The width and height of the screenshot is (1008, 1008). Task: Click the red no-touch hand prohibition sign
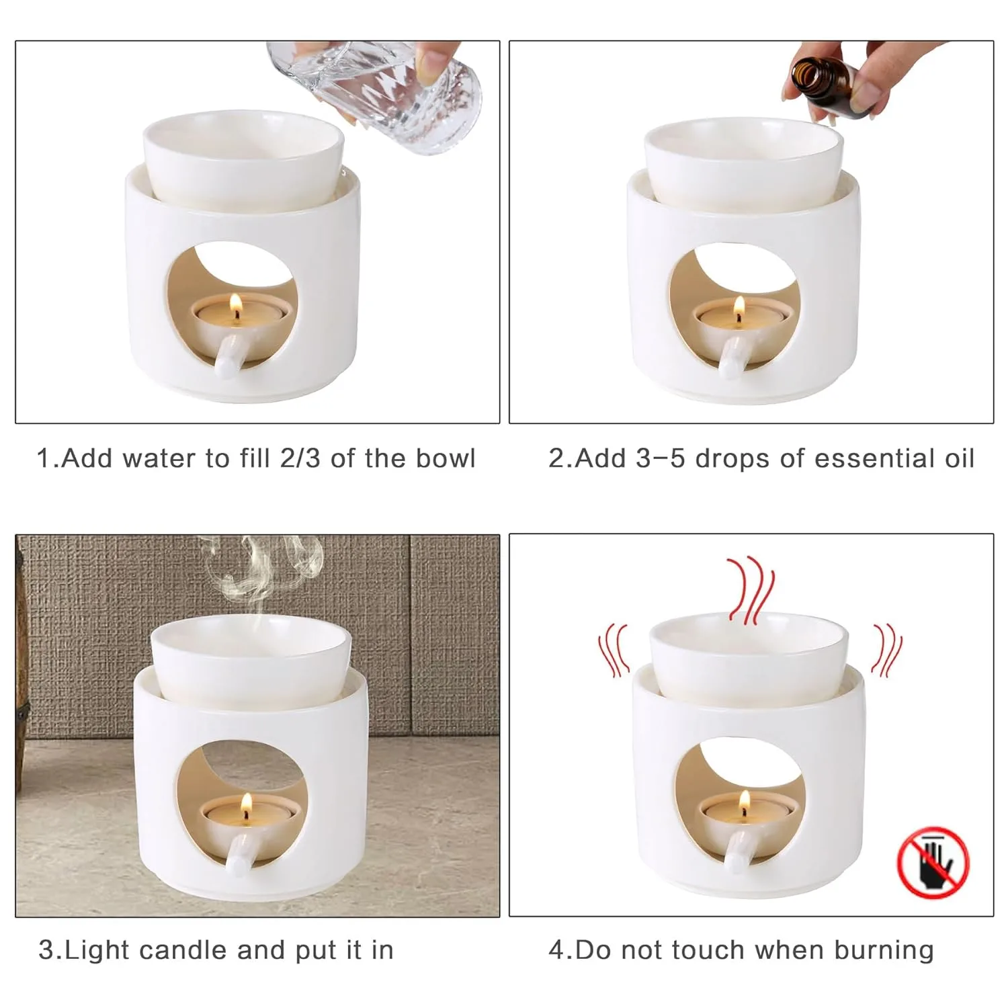click(x=933, y=863)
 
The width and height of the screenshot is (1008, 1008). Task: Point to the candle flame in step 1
click(x=236, y=306)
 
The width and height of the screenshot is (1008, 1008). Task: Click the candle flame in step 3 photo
click(x=246, y=802)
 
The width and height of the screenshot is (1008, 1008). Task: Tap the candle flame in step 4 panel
click(x=744, y=801)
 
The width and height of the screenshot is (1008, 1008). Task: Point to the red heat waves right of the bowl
click(x=886, y=649)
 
